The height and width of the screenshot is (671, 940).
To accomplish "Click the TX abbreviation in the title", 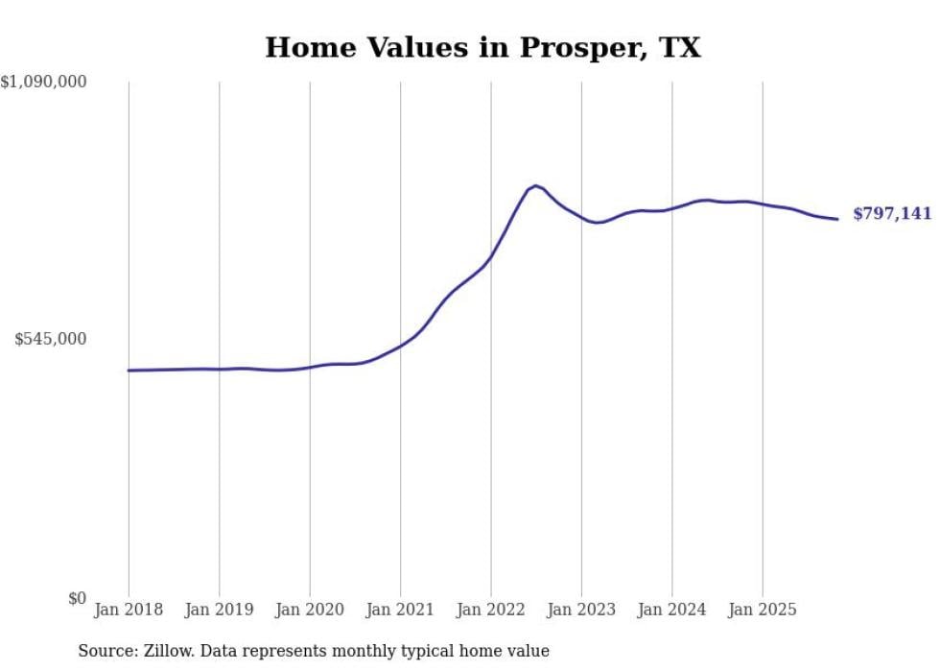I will coord(678,48).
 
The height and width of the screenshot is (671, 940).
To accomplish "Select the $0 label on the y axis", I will coord(77,598).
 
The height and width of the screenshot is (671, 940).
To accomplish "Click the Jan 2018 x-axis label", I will coord(129,611).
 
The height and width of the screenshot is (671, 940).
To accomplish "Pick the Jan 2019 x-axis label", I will coord(219,611).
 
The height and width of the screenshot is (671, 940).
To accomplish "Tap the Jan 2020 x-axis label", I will coord(310,611).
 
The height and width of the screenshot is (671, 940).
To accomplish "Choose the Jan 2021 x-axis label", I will coord(400,611).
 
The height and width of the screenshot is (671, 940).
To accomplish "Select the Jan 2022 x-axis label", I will coord(491,611).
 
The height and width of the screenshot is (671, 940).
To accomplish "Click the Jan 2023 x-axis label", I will coord(581,611).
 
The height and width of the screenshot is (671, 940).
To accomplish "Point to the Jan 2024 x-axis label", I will coord(672,611).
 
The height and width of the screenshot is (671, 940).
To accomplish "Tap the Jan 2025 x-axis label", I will coord(763,611).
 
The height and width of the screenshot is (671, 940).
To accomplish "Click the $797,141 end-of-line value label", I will coord(892,214).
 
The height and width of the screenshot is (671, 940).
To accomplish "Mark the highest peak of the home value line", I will coord(535,185).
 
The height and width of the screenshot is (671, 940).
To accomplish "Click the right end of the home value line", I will coord(837,219).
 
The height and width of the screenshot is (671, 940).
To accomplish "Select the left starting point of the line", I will coord(129,370).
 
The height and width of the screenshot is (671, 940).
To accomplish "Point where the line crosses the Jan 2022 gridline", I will coord(491,256).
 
